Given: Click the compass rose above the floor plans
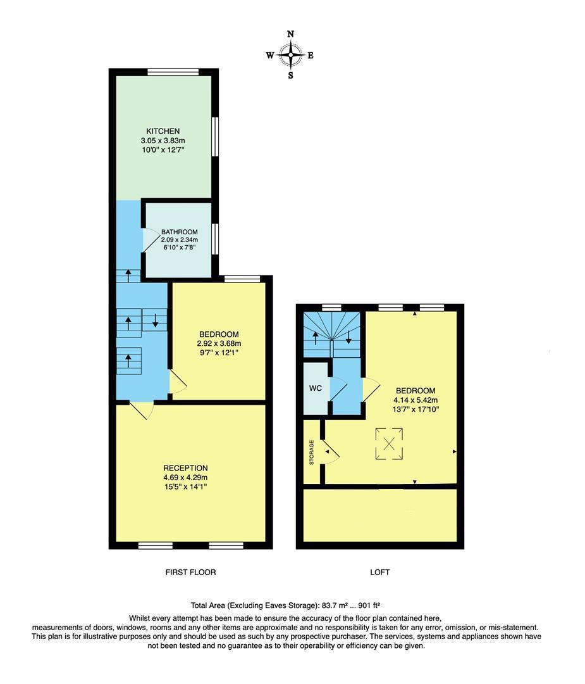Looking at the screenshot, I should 290,55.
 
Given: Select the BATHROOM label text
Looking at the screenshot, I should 179,232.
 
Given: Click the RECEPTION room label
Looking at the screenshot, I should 185,468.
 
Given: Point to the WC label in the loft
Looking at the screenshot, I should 316,388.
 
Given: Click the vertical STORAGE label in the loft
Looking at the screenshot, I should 311,452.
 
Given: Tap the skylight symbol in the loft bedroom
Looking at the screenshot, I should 389,443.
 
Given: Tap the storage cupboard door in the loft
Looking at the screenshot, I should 331,452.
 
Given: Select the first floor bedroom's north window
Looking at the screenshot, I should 242,279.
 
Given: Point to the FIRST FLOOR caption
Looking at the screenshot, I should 190,573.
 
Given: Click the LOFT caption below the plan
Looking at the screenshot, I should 379,573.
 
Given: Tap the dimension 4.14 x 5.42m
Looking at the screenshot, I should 417,400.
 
